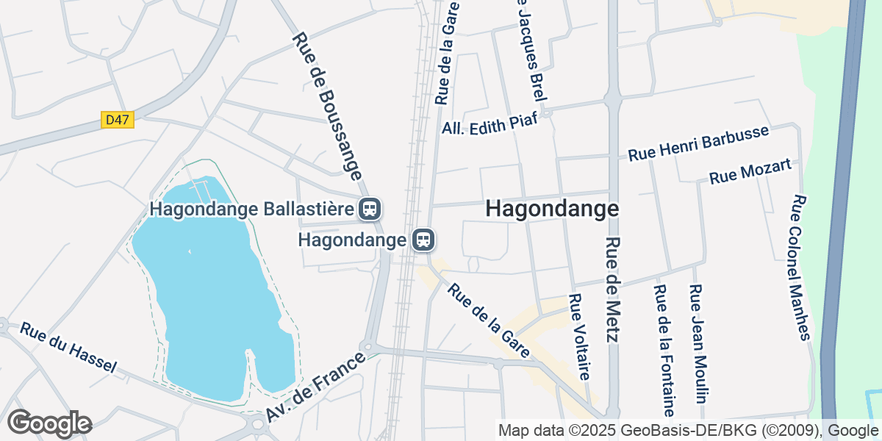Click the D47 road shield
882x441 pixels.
click(118, 119)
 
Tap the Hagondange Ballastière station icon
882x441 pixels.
click(370, 209)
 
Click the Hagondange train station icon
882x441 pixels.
click(423, 240)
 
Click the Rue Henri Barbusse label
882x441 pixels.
click(698, 143)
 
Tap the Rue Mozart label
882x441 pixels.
click(750, 172)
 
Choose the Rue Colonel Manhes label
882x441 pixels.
click(800, 268)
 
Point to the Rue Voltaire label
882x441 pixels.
click(579, 337)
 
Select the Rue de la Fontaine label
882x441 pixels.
click(664, 350)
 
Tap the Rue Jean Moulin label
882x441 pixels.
click(698, 344)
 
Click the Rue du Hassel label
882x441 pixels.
click(68, 348)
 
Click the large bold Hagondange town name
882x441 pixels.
click(552, 209)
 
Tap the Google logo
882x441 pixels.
click(49, 423)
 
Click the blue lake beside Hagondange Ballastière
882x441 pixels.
click(206, 294)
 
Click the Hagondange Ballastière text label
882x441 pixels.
click(252, 209)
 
